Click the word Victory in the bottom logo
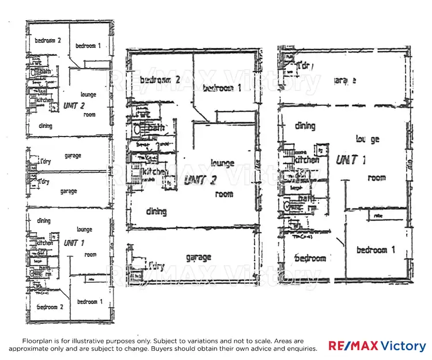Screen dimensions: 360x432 [x=403, y=346]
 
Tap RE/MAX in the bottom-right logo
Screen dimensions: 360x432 [x=353, y=346]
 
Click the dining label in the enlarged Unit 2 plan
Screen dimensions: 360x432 [x=156, y=211]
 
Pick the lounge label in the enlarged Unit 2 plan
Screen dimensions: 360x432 [x=222, y=163]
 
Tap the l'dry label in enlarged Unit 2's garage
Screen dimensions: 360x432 [x=156, y=266]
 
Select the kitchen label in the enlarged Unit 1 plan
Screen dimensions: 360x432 [x=306, y=160]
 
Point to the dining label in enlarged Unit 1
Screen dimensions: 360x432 [x=305, y=126]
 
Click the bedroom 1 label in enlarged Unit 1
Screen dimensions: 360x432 [x=376, y=249]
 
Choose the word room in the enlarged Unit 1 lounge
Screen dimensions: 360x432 [x=377, y=178]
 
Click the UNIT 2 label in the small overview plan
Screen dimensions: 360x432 [x=74, y=105]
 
